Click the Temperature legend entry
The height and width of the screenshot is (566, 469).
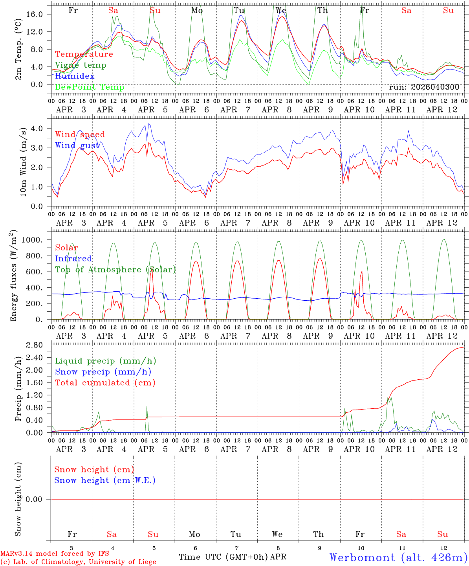coord(84,54)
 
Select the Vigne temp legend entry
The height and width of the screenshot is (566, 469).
coord(81,65)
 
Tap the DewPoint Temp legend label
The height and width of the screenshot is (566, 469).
coord(90,87)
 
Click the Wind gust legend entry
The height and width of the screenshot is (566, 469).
coord(77,145)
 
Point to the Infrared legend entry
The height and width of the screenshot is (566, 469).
coord(73,259)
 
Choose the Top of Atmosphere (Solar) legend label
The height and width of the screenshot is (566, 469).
coord(115,270)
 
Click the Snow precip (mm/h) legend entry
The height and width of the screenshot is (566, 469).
coord(103,372)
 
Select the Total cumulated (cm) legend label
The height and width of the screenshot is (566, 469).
coord(105,383)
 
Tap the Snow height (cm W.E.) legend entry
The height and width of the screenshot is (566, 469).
coord(105,480)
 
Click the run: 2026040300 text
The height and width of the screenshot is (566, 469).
coord(424,87)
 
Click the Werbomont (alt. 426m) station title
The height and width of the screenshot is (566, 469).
coord(398,557)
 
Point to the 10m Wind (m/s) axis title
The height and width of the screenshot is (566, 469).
coord(23,162)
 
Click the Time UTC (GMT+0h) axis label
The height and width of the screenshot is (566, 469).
coord(223,557)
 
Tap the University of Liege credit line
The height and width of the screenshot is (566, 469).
coord(78,562)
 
